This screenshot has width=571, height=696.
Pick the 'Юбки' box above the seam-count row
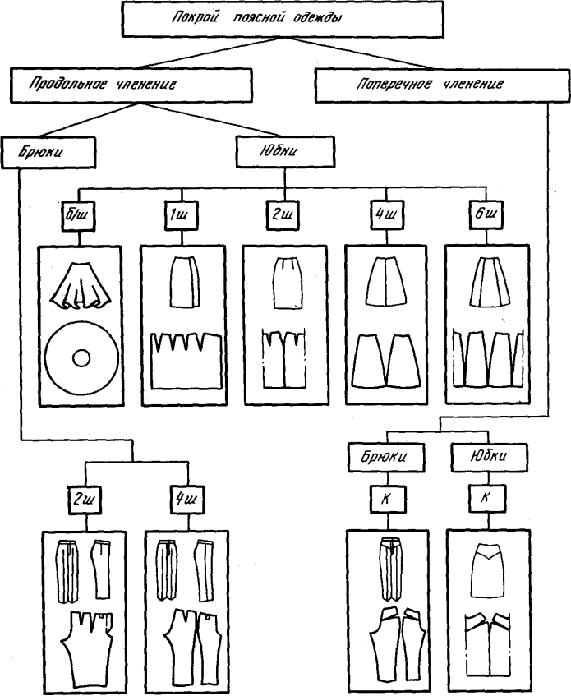click(283, 151)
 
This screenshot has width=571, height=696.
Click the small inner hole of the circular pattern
click(81, 358)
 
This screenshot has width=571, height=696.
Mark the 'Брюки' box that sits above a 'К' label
click(389, 455)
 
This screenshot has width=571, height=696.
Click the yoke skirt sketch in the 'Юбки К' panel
click(486, 568)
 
